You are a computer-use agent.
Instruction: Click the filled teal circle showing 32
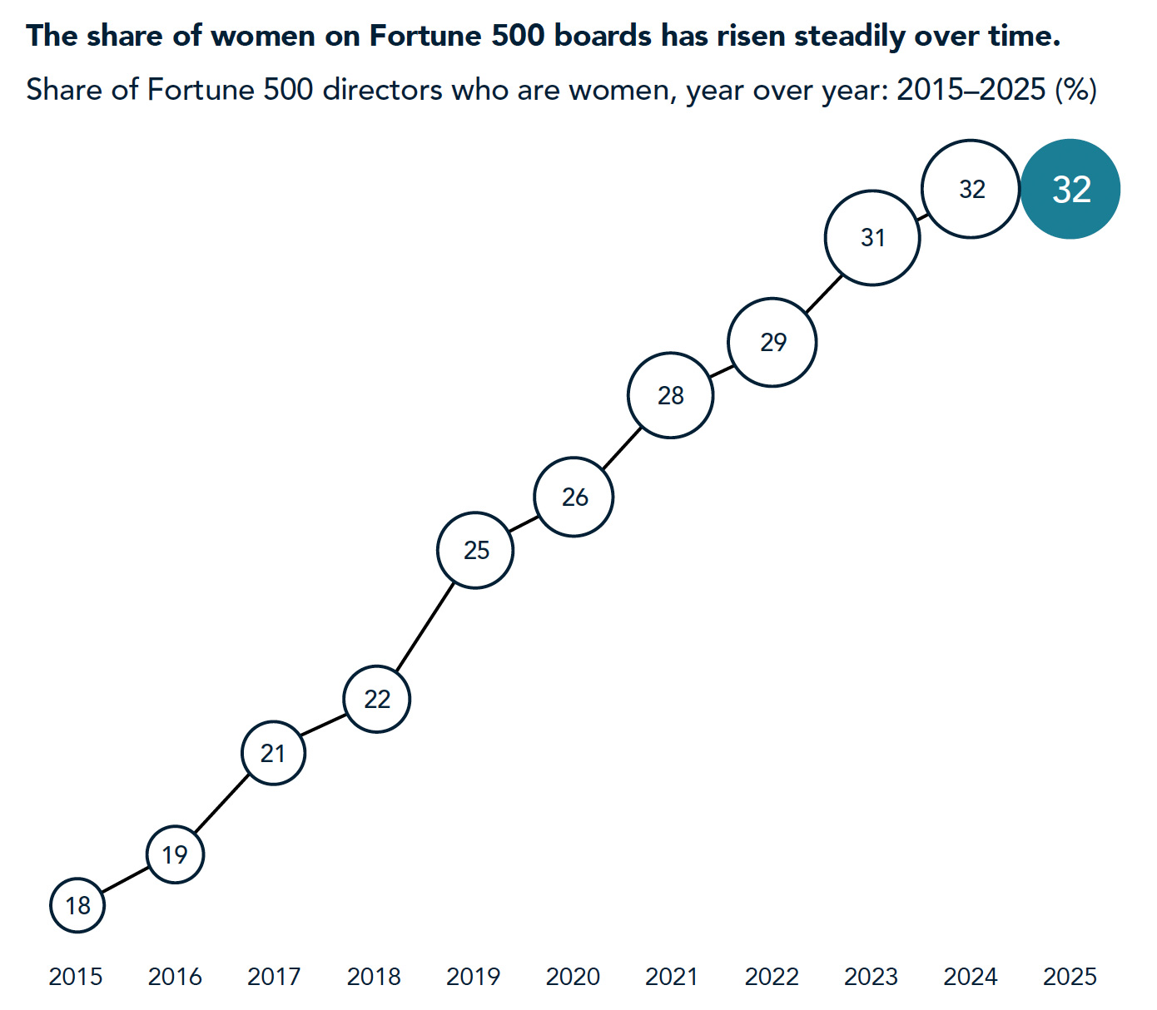point(1070,189)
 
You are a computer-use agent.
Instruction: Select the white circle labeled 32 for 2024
point(971,190)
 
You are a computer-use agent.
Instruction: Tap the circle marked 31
point(872,238)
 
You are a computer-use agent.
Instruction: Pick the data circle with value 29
point(772,342)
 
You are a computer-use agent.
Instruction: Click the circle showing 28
point(671,395)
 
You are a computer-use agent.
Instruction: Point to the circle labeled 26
point(574,497)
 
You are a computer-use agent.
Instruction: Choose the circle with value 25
point(475,550)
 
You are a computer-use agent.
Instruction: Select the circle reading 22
point(377,699)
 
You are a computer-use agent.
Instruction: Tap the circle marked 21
point(273,753)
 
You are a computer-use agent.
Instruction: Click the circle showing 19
point(175,854)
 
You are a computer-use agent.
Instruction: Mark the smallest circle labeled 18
point(77,905)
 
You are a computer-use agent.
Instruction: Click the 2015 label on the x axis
point(76,976)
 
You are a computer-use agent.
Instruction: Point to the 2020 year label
point(573,976)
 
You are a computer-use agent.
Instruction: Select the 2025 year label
point(1070,976)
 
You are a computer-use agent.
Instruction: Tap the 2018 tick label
point(374,976)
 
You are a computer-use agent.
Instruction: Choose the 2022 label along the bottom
point(772,976)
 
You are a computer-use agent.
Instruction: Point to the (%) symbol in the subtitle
point(1075,89)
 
